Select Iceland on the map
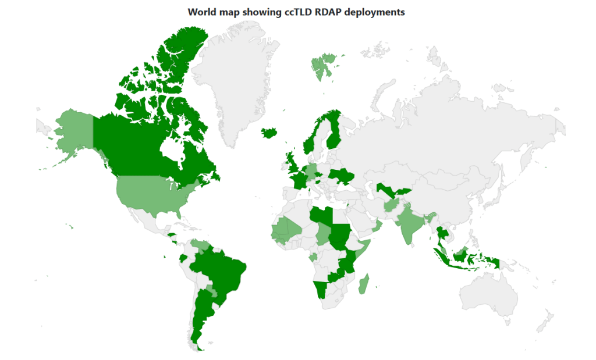(269, 133)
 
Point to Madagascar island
(363, 285)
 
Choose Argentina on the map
(201, 314)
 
